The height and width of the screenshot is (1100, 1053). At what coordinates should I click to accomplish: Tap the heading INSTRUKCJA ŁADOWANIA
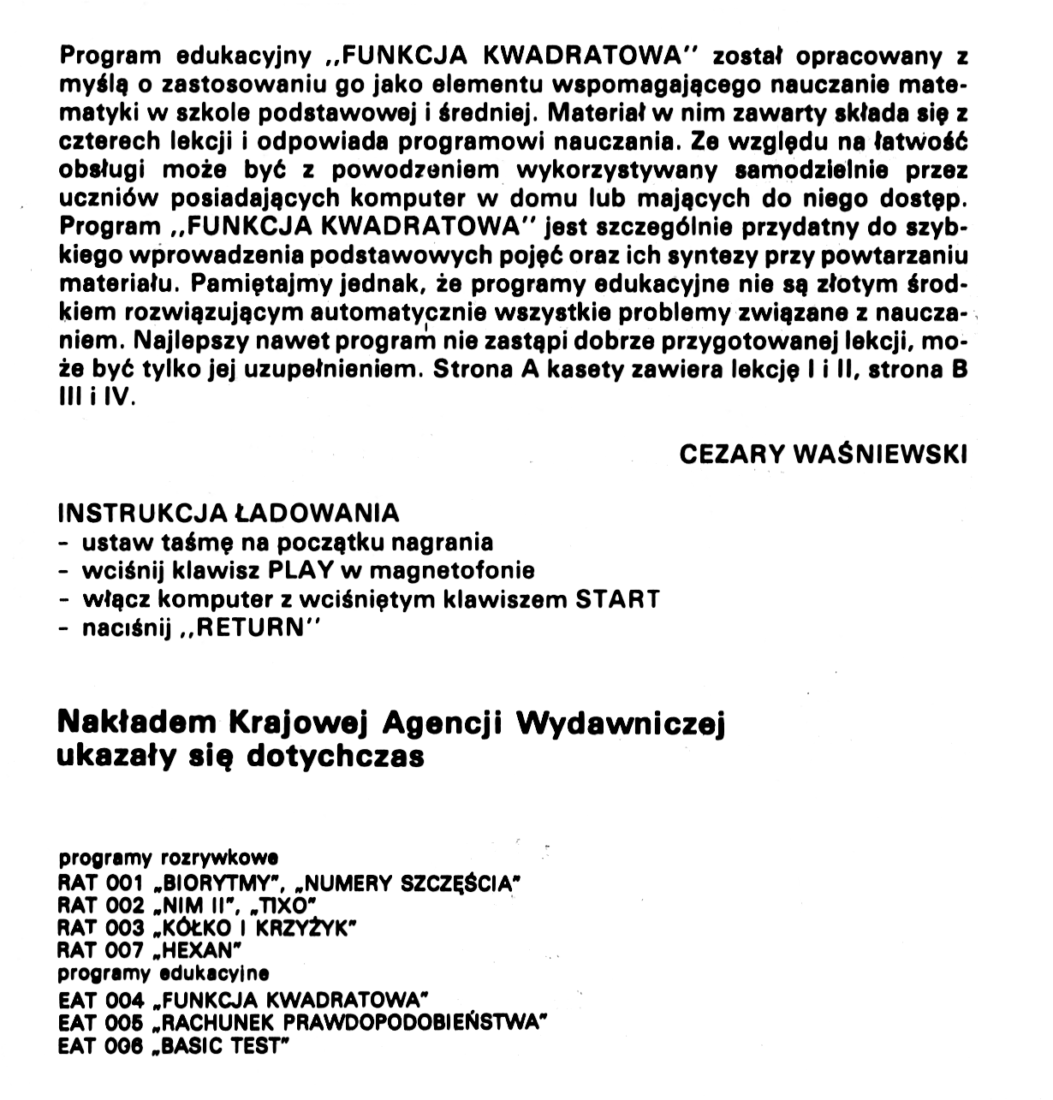(228, 514)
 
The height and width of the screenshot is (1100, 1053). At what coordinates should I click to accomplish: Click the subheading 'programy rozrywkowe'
(168, 857)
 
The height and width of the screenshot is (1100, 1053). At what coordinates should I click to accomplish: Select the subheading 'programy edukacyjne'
(164, 972)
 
